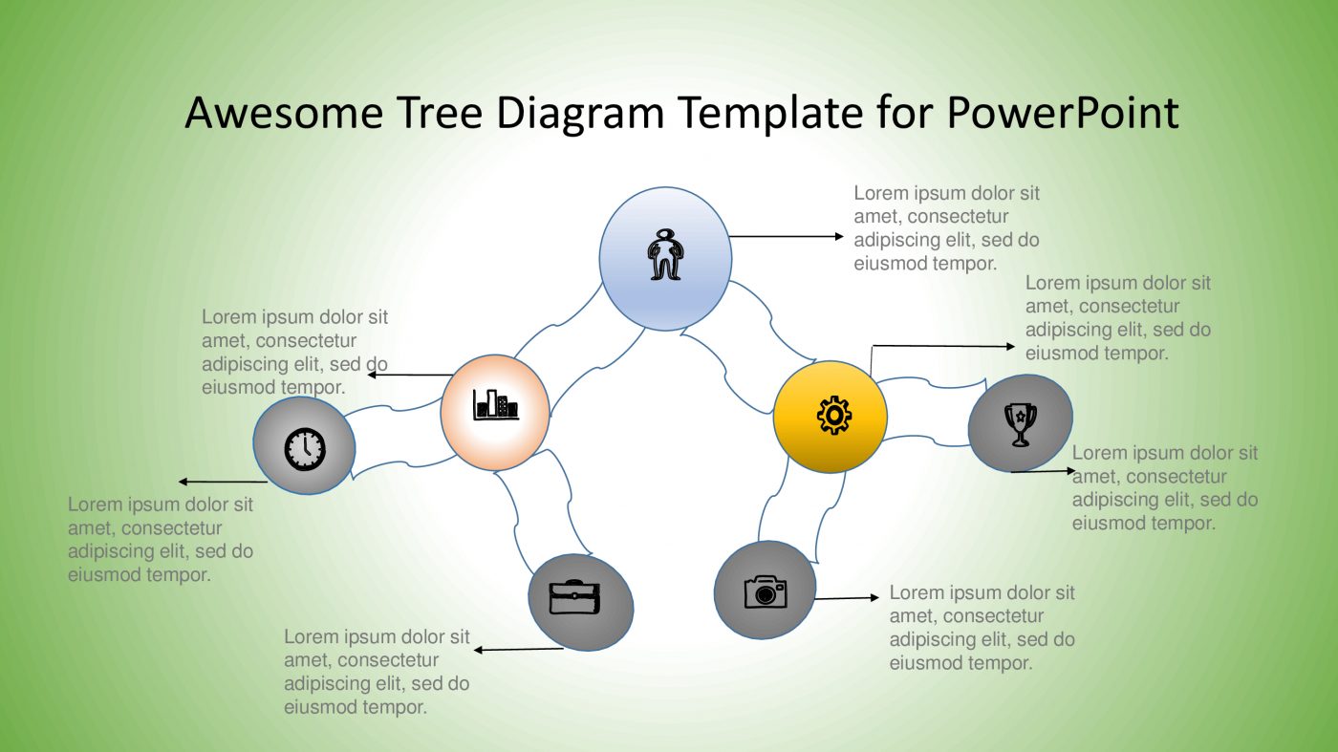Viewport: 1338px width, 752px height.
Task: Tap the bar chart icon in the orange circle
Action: (495, 405)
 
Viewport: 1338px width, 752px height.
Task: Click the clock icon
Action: (305, 447)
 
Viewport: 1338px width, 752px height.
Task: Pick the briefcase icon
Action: (574, 597)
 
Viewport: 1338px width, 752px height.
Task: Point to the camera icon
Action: (765, 591)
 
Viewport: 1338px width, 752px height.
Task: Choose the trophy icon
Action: (1020, 423)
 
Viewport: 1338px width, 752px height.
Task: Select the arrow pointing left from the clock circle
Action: (222, 482)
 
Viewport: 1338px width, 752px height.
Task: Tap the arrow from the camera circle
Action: (846, 598)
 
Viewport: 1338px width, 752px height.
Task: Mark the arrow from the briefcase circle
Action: (519, 650)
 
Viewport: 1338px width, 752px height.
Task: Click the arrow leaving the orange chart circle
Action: (410, 375)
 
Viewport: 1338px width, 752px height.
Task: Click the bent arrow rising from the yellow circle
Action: (941, 346)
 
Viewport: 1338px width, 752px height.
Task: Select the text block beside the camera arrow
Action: (982, 627)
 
